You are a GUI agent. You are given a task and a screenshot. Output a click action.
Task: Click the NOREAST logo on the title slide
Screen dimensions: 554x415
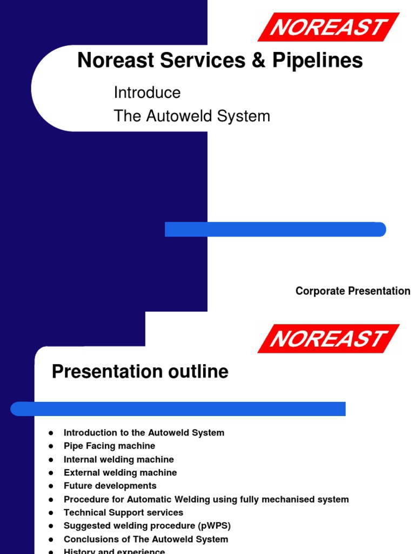(x=329, y=27)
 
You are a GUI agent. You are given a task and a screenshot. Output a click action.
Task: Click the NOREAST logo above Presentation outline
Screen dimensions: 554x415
(x=329, y=339)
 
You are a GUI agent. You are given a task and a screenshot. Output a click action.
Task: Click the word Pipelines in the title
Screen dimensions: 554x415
(x=317, y=61)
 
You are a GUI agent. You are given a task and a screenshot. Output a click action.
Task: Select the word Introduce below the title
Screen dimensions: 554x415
(x=147, y=93)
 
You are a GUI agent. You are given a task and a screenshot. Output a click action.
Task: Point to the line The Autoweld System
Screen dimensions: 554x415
(x=192, y=116)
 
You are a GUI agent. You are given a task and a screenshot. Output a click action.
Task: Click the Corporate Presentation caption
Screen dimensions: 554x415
(x=352, y=291)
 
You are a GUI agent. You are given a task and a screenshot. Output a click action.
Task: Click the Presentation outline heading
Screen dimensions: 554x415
(x=140, y=372)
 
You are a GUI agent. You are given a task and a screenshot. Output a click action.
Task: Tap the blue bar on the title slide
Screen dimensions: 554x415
(x=275, y=229)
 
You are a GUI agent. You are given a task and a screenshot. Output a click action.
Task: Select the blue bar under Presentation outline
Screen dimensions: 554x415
(x=178, y=408)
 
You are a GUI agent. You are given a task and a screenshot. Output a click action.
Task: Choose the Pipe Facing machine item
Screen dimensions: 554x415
(x=109, y=446)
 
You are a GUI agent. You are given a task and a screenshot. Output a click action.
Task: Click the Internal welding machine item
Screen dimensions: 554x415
(x=118, y=459)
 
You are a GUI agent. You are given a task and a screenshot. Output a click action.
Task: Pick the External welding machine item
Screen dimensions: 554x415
(x=120, y=472)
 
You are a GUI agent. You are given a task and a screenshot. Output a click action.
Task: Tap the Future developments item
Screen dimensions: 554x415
(x=110, y=486)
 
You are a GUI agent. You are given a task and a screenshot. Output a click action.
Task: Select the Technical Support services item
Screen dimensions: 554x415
(x=123, y=512)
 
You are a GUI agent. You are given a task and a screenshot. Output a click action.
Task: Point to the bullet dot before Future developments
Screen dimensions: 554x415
(x=51, y=486)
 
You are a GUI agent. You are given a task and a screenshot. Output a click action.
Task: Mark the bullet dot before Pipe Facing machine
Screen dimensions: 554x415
(x=51, y=446)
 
